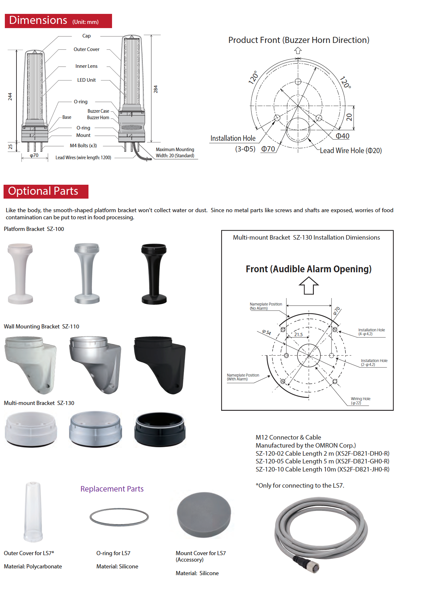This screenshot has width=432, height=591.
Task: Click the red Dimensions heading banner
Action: point(58,21)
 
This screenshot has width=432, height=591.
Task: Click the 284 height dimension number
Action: point(156,89)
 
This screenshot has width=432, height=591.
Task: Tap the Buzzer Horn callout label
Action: point(98,118)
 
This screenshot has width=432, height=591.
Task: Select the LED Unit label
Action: point(86,80)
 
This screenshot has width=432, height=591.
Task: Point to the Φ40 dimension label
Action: point(343,136)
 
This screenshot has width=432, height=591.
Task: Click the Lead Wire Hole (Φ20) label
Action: point(351,150)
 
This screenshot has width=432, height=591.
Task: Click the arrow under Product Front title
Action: point(298,51)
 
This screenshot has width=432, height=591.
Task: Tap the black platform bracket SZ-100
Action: point(154,274)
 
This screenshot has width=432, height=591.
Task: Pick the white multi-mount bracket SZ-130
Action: point(31,430)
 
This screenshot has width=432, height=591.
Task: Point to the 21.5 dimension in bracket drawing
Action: point(298,335)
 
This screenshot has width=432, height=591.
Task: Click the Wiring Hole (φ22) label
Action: point(360,401)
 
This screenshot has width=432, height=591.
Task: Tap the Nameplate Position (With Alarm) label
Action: point(243,377)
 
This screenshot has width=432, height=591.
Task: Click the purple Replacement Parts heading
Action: point(112,489)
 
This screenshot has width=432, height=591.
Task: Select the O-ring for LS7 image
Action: point(119,517)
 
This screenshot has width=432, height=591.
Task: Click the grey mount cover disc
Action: point(204,514)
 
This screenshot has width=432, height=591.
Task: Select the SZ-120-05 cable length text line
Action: point(322,461)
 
